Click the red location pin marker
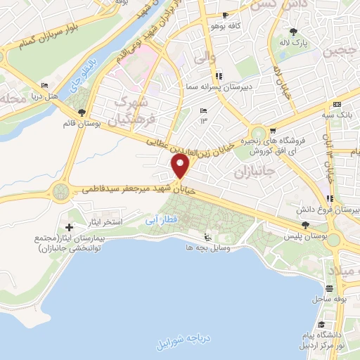tap(181, 166)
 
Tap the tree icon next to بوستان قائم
tap(82, 112)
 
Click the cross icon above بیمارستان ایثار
tap(69, 227)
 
